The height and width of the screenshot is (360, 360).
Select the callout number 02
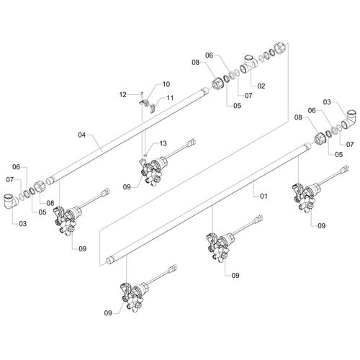click(261, 86)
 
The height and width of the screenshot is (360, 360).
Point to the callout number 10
click(166, 84)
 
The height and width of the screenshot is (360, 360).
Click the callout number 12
click(122, 94)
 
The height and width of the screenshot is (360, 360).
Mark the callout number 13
click(164, 143)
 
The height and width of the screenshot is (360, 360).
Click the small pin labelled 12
click(143, 91)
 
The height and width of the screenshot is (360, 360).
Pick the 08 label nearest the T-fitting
click(195, 63)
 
